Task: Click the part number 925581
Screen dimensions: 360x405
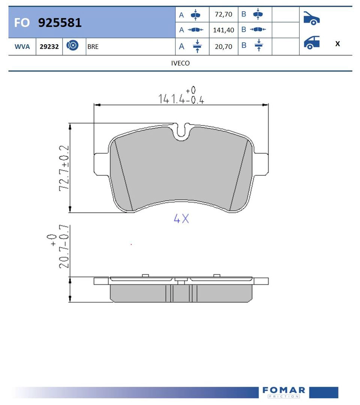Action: coord(60,23)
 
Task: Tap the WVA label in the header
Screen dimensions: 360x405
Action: coord(22,47)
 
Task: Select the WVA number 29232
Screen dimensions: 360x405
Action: coord(49,47)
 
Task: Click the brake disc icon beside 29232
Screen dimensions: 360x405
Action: coord(72,45)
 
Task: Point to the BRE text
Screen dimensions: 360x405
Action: coord(93,47)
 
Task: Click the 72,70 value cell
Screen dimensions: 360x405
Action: coord(223,15)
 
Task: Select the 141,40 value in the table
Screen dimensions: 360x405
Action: coord(223,30)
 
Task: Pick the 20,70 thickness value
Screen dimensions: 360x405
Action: coord(223,47)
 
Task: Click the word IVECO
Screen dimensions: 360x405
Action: coord(180,63)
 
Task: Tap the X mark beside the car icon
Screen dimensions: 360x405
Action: coord(337,44)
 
